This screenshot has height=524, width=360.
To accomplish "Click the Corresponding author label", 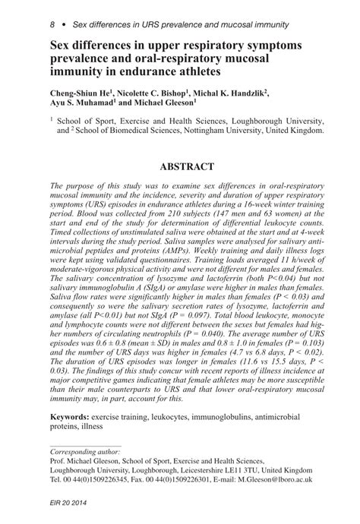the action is [x=87, y=450].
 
